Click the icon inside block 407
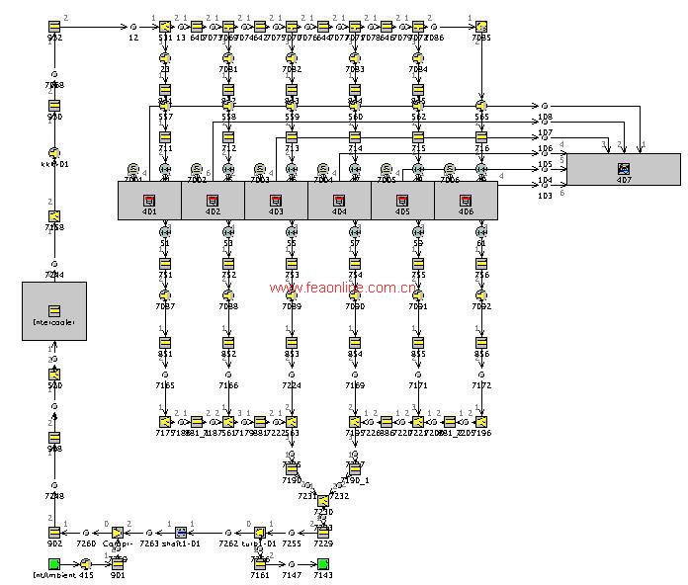[x=623, y=169]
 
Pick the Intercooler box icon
[x=54, y=310]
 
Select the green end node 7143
[x=323, y=563]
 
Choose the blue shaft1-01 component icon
[x=181, y=532]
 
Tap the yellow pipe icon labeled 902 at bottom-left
[x=54, y=532]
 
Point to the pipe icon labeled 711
[x=165, y=137]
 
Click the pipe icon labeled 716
[x=481, y=137]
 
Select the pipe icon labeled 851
[x=165, y=342]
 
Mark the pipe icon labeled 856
[x=481, y=342]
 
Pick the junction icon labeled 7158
[x=54, y=216]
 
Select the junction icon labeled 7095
[x=481, y=26]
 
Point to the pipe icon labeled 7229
[x=323, y=532]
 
